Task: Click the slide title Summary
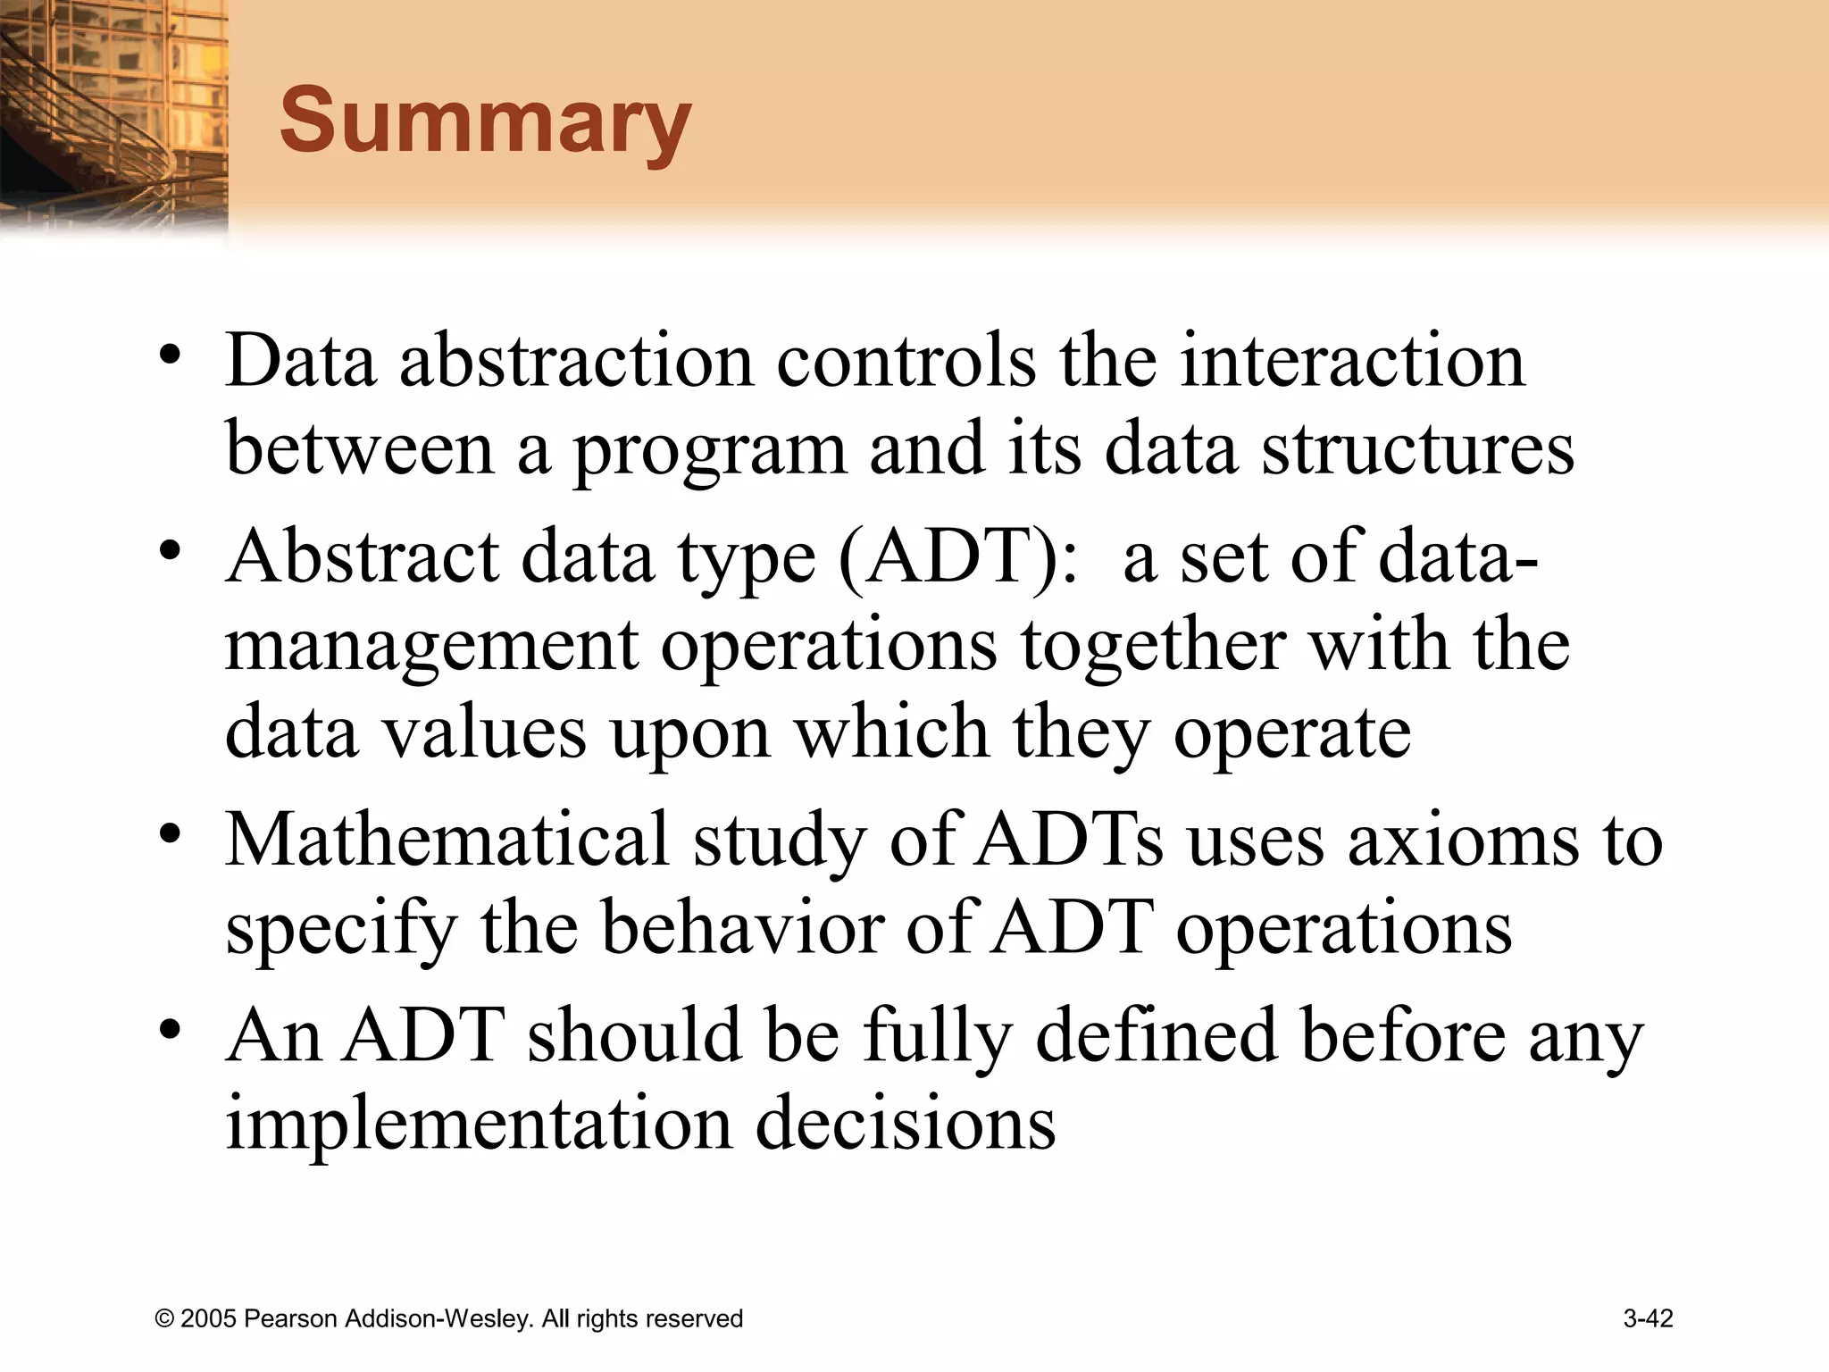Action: [x=485, y=121]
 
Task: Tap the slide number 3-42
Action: [x=1648, y=1318]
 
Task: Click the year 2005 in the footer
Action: [x=208, y=1319]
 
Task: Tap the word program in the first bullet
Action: [x=709, y=449]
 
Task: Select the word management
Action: [x=431, y=646]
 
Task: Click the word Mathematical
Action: [x=447, y=840]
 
